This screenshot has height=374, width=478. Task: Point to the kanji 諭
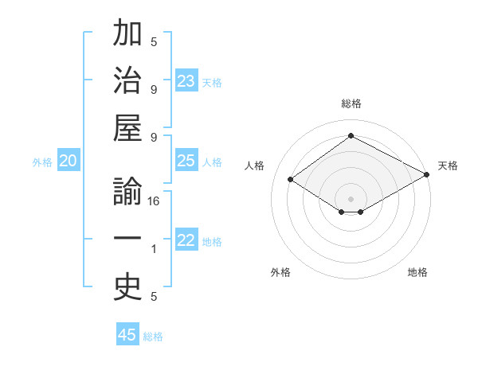click(x=127, y=193)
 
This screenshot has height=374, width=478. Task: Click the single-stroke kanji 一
click(x=127, y=240)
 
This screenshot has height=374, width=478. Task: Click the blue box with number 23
click(x=186, y=81)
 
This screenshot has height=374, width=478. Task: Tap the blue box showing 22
click(x=186, y=241)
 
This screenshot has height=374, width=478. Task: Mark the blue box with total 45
click(x=127, y=335)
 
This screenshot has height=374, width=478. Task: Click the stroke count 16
click(x=154, y=202)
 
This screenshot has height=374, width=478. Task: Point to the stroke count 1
click(x=154, y=250)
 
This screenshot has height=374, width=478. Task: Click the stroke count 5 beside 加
click(x=154, y=42)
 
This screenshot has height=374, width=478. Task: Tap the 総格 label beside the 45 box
click(x=153, y=337)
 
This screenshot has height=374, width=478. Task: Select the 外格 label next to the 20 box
click(x=42, y=162)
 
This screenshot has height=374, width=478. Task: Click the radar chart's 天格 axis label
click(x=448, y=166)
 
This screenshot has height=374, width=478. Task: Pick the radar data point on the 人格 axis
click(x=291, y=180)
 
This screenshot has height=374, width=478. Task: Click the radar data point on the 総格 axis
click(x=351, y=136)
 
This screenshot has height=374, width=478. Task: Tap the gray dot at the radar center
click(x=351, y=197)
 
